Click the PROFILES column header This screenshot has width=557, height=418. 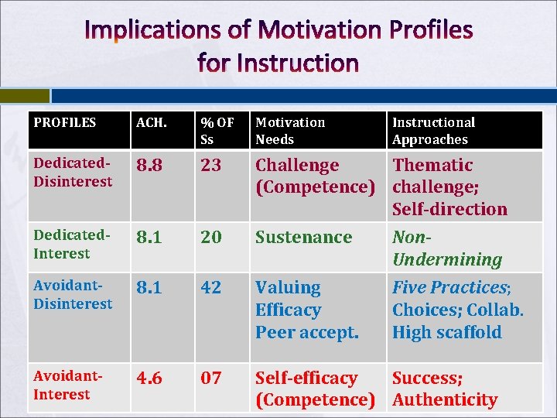click(x=65, y=122)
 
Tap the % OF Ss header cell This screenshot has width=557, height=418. click(x=217, y=130)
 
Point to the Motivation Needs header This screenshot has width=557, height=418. click(x=290, y=130)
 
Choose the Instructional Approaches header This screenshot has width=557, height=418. click(x=433, y=130)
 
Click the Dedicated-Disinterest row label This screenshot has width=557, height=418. click(x=73, y=173)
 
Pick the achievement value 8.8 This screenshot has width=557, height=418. click(x=149, y=166)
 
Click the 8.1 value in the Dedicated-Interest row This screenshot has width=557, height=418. click(x=149, y=238)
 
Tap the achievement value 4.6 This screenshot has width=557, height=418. click(x=149, y=379)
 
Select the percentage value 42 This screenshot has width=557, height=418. click(x=211, y=288)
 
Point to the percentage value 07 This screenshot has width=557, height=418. click(x=211, y=379)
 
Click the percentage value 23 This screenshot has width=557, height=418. click(x=211, y=166)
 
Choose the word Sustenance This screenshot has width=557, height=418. click(x=303, y=238)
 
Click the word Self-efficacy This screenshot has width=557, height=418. click(x=306, y=379)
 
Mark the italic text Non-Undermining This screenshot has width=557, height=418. click(x=446, y=248)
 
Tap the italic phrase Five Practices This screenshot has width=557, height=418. click(x=449, y=288)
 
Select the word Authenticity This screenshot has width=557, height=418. click(x=445, y=400)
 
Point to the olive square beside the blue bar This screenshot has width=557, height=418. click(x=24, y=95)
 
